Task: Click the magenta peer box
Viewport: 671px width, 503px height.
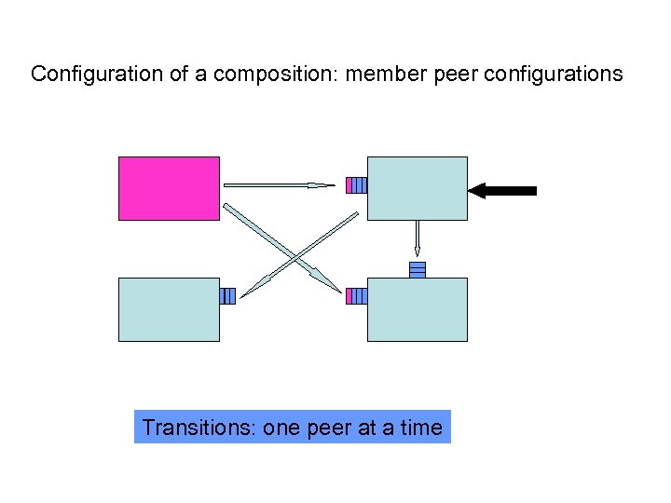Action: pos(169,188)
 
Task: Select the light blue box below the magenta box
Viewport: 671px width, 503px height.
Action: pos(169,309)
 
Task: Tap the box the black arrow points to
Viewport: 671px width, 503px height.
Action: pos(417,188)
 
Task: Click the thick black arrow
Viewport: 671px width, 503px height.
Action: pos(502,191)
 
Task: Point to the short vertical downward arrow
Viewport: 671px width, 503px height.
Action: pos(417,238)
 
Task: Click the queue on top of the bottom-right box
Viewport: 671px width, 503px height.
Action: pos(418,269)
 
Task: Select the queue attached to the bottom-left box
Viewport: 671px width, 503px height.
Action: pos(227,296)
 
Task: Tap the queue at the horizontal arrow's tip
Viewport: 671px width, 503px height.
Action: pos(356,184)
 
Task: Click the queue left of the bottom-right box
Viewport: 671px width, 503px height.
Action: pos(356,296)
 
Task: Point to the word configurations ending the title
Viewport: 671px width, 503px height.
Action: pos(550,74)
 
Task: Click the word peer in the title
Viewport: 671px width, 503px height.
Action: pos(453,74)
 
